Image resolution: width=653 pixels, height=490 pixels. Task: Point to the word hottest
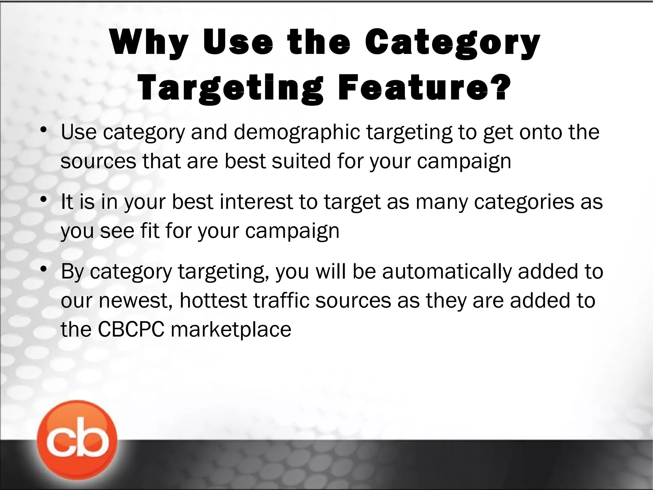[213, 300]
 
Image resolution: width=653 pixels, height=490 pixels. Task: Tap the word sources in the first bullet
[98, 161]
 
